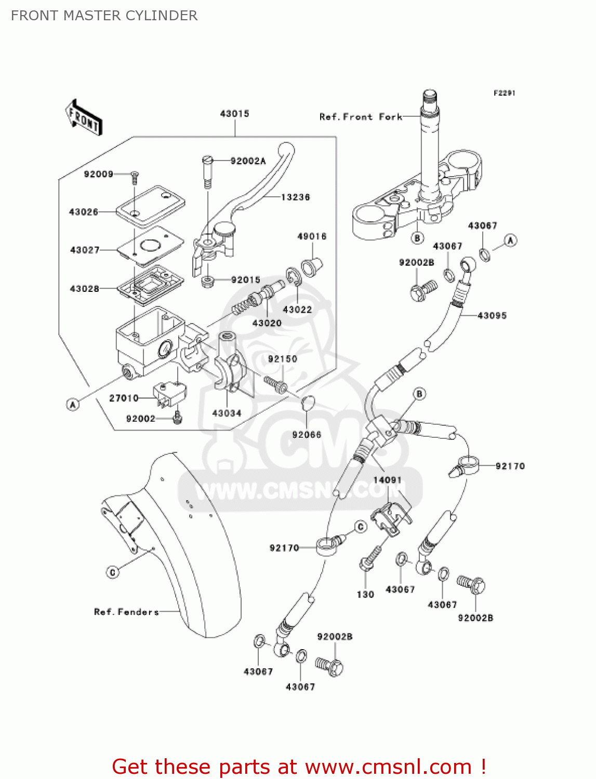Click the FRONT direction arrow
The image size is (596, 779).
click(x=83, y=118)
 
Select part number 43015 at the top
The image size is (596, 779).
click(x=234, y=114)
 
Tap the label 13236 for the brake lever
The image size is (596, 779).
click(x=295, y=197)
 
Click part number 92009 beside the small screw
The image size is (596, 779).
click(x=98, y=174)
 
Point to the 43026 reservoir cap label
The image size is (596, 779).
click(x=84, y=212)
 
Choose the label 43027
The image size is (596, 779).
click(x=85, y=250)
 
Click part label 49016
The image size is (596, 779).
click(x=312, y=237)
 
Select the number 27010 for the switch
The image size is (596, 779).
click(x=124, y=398)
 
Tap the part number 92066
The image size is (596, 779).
click(x=307, y=435)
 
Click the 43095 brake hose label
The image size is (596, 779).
click(x=492, y=316)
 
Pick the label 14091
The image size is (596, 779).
click(x=387, y=480)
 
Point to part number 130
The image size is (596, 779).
click(x=365, y=595)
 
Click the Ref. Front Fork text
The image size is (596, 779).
click(x=361, y=117)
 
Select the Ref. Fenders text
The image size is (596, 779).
click(x=126, y=612)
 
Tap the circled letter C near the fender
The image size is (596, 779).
click(x=113, y=572)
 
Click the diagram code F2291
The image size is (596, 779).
click(x=504, y=93)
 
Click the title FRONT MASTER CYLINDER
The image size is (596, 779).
click(x=104, y=16)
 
